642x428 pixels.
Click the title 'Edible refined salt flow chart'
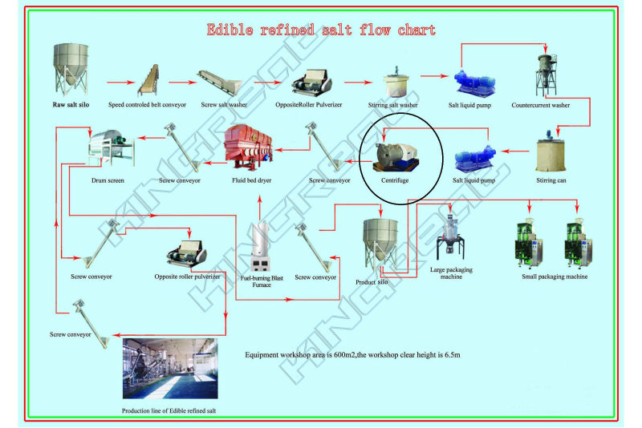(321, 30)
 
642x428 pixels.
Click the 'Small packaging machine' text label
(555, 277)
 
